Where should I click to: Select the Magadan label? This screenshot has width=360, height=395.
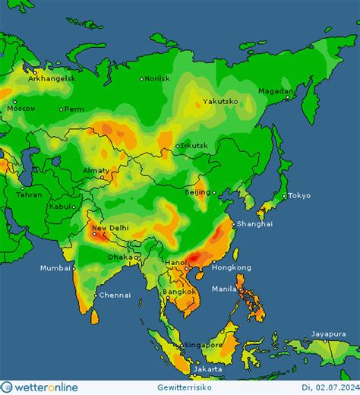tap(275, 91)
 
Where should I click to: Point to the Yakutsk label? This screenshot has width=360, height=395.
tap(220, 101)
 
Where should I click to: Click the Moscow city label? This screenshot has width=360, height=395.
tap(21, 108)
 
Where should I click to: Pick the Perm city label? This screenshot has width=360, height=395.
tap(74, 109)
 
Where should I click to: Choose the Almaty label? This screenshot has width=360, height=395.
tap(96, 171)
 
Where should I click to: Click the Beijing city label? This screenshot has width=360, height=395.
tap(198, 192)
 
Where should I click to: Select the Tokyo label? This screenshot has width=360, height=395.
tap(299, 196)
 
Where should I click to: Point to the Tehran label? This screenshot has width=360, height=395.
tap(29, 195)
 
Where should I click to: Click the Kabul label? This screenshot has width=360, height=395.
tap(61, 206)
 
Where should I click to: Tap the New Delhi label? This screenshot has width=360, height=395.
tap(110, 228)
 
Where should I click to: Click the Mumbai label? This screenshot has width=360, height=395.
tap(55, 268)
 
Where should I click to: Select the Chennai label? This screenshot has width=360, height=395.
tap(115, 295)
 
